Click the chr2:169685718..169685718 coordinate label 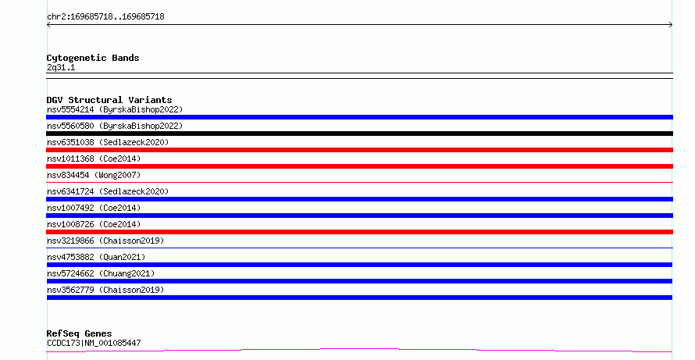point(105,17)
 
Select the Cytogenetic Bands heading point(93,58)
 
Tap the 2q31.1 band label point(61,67)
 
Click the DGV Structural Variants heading point(109,100)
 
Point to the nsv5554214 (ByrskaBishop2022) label point(115,109)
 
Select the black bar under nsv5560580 point(359,134)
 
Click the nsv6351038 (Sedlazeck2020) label point(108,142)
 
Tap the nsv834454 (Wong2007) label point(94,175)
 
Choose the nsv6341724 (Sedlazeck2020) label point(108,191)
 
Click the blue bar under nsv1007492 point(359,216)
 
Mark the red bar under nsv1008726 point(359,232)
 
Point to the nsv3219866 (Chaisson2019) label point(105,241)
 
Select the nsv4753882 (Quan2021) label point(96,257)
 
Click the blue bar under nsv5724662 point(359,281)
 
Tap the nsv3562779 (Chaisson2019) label point(105,290)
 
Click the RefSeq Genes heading point(80,333)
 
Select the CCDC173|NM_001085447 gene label point(94,343)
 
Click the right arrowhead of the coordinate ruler point(671,25)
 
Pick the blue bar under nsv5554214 point(359,117)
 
